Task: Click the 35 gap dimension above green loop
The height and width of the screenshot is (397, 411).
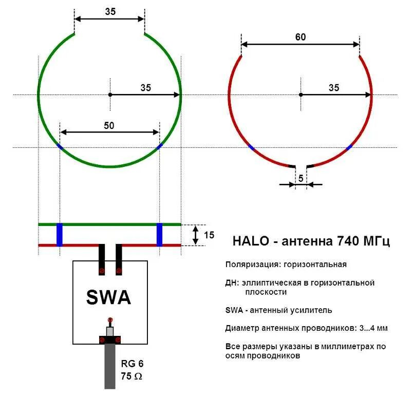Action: pyautogui.click(x=110, y=11)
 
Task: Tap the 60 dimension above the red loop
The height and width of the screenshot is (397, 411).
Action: pyautogui.click(x=301, y=37)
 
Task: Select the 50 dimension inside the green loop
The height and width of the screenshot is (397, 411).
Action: pyautogui.click(x=109, y=125)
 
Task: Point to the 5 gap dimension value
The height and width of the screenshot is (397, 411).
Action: pyautogui.click(x=301, y=177)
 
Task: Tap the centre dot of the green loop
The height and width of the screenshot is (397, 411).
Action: pyautogui.click(x=110, y=94)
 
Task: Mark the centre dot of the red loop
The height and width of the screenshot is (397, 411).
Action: pyautogui.click(x=301, y=94)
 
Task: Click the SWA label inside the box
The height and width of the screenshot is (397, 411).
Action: pyautogui.click(x=108, y=297)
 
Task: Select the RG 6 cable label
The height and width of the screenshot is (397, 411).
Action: pyautogui.click(x=132, y=363)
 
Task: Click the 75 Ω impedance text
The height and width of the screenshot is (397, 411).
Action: pyautogui.click(x=132, y=376)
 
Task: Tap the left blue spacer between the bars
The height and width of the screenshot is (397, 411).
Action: pyautogui.click(x=60, y=235)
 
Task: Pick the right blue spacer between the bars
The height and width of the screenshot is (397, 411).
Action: pyautogui.click(x=159, y=235)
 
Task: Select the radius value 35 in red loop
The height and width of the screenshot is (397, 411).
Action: pyautogui.click(x=334, y=88)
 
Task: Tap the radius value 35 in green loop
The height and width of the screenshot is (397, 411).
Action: pyautogui.click(x=146, y=88)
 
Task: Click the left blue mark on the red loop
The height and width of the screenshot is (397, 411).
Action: pyautogui.click(x=251, y=147)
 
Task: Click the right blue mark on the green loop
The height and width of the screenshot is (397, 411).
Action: pyautogui.click(x=159, y=146)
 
